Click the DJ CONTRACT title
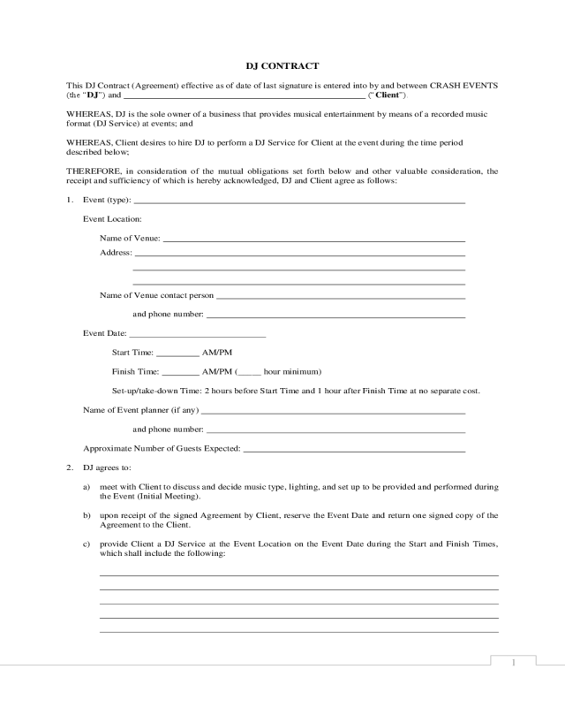click(282, 65)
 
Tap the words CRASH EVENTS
click(464, 86)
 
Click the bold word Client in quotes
click(388, 95)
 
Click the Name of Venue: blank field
click(314, 239)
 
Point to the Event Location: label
click(112, 218)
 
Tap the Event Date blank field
click(197, 335)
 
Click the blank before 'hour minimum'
click(249, 372)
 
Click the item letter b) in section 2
click(87, 514)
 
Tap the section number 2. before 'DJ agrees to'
click(70, 467)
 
